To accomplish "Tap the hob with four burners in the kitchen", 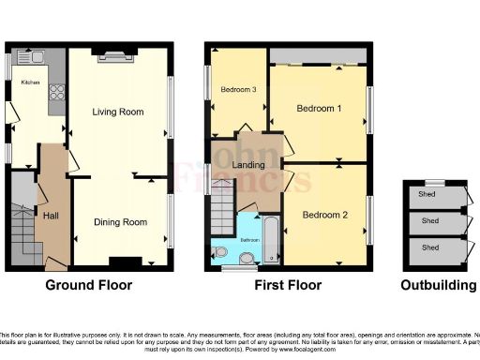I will click(x=54, y=92).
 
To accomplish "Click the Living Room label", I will click(x=117, y=112).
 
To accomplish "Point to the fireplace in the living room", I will click(x=117, y=53).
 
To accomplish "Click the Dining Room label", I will click(x=121, y=222).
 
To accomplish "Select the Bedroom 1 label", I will click(x=319, y=108).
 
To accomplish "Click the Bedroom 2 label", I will click(x=324, y=215).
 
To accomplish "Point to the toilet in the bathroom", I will click(x=221, y=252).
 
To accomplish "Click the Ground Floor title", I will click(x=90, y=285).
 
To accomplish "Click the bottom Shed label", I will click(x=430, y=247).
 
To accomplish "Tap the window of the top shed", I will click(x=434, y=180).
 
